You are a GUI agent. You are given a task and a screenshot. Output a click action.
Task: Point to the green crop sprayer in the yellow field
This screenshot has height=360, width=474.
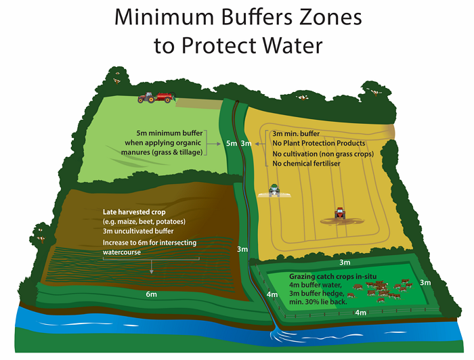point(274,192)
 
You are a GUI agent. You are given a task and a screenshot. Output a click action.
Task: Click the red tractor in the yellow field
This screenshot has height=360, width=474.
point(339,214)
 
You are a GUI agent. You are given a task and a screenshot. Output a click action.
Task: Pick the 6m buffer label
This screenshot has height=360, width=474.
point(151,294)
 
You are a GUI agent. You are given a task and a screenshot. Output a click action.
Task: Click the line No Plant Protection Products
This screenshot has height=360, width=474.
point(319,143)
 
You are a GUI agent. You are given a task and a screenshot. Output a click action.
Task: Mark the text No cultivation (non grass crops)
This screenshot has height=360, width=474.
point(323,154)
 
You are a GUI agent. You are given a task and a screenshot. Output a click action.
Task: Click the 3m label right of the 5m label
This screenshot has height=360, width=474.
point(246,143)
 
